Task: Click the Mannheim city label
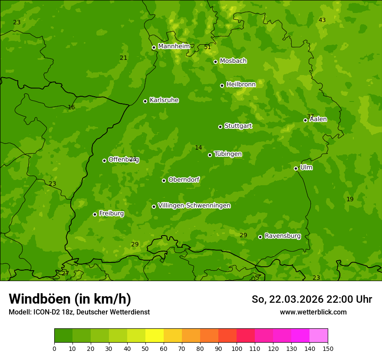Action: (x=174, y=46)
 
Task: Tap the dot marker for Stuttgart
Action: (x=221, y=127)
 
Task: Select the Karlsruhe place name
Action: (x=164, y=100)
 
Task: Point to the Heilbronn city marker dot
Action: (x=222, y=85)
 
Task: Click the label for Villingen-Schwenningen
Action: (x=194, y=206)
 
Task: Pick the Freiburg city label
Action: (x=111, y=213)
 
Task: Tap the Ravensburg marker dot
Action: (x=260, y=237)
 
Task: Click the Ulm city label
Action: (x=306, y=167)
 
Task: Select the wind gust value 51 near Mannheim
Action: (x=207, y=47)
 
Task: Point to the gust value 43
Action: (x=322, y=20)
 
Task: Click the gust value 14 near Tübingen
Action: (x=198, y=147)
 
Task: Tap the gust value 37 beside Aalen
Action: (x=310, y=116)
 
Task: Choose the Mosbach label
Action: (x=233, y=61)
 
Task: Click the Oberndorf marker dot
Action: (x=164, y=180)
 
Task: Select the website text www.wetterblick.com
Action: (x=313, y=312)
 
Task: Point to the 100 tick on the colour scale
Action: (x=237, y=348)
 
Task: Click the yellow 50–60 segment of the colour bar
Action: (x=155, y=336)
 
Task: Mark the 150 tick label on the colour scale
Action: (x=328, y=348)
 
